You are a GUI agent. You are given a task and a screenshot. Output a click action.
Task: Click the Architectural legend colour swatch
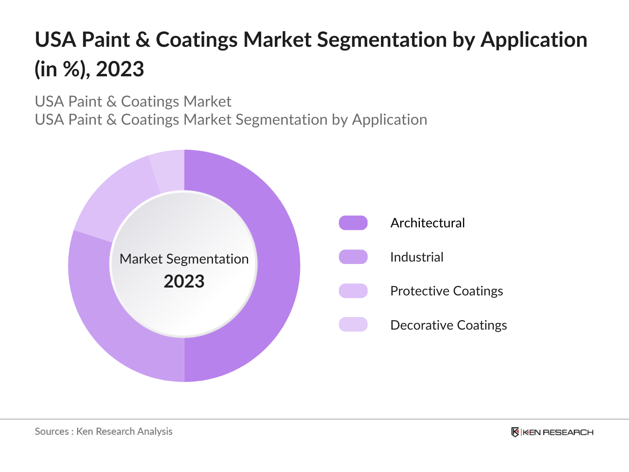pos(353,223)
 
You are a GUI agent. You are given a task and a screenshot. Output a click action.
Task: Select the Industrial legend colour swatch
pos(353,257)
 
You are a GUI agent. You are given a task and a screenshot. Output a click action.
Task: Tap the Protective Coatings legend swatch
pos(353,291)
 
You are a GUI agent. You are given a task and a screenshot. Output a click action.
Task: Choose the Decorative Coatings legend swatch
pos(353,325)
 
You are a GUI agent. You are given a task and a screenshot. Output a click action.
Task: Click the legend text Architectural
pos(427,223)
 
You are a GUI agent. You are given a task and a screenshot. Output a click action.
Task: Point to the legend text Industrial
pos(417,257)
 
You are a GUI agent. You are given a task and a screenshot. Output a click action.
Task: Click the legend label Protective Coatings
pos(447,291)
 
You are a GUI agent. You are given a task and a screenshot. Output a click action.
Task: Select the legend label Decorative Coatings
pos(449,325)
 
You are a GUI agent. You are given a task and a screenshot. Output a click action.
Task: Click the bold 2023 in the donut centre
pos(184,282)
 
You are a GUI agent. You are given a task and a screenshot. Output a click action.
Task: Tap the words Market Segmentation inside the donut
pos(184,259)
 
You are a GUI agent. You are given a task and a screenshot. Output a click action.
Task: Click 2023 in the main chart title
pos(120,69)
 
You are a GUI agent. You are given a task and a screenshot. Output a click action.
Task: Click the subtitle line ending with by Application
pos(231,120)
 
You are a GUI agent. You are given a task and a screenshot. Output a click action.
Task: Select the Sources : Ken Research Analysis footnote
pos(104,431)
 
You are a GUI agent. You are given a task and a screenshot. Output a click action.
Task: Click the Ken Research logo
pos(552,432)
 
